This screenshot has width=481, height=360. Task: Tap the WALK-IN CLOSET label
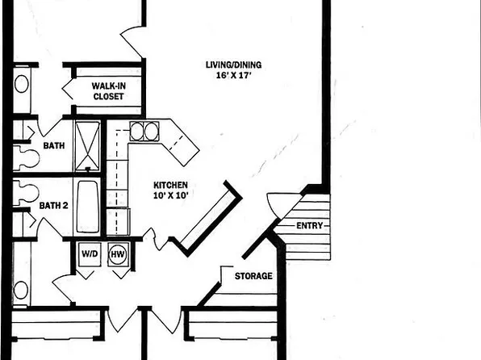pyautogui.click(x=107, y=90)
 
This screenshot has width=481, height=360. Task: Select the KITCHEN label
pyautogui.click(x=172, y=185)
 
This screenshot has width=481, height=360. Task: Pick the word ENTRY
pyautogui.click(x=312, y=226)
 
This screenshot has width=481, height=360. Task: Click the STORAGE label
pyautogui.click(x=253, y=277)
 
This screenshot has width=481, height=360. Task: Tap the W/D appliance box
pyautogui.click(x=88, y=253)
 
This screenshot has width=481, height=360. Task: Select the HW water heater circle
pyautogui.click(x=118, y=253)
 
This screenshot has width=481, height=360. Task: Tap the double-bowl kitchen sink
pyautogui.click(x=144, y=132)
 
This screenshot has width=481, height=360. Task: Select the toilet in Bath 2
pyautogui.click(x=27, y=191)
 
